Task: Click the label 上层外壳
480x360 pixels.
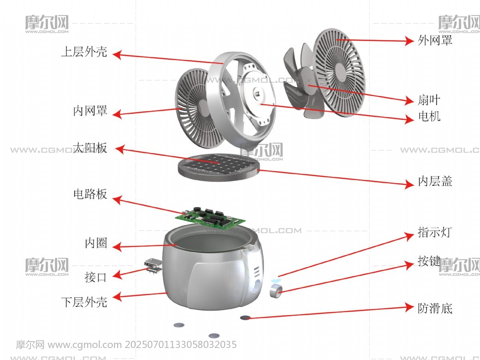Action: [x=84, y=52]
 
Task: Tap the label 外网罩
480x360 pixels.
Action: [x=435, y=40]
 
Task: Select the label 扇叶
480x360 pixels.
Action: [x=429, y=100]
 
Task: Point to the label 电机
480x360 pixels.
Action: [x=429, y=116]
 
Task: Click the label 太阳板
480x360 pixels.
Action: [x=90, y=148]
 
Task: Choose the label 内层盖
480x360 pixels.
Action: [x=435, y=181]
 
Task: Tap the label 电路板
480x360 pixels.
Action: [x=90, y=194]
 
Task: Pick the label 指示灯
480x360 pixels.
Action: [x=435, y=232]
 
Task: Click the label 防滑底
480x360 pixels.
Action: [x=435, y=308]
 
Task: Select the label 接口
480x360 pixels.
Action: [x=96, y=277]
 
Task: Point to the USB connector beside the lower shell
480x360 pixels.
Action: [x=153, y=265]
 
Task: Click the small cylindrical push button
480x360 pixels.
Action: [x=276, y=291]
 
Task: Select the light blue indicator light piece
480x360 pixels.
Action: [x=276, y=280]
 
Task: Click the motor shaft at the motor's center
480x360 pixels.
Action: [x=257, y=94]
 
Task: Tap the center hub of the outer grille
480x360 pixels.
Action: [x=340, y=72]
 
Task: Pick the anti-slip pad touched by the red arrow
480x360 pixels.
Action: [x=245, y=318]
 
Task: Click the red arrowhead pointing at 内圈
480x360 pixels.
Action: [x=117, y=247]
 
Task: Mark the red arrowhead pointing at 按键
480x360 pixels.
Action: [x=409, y=265]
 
